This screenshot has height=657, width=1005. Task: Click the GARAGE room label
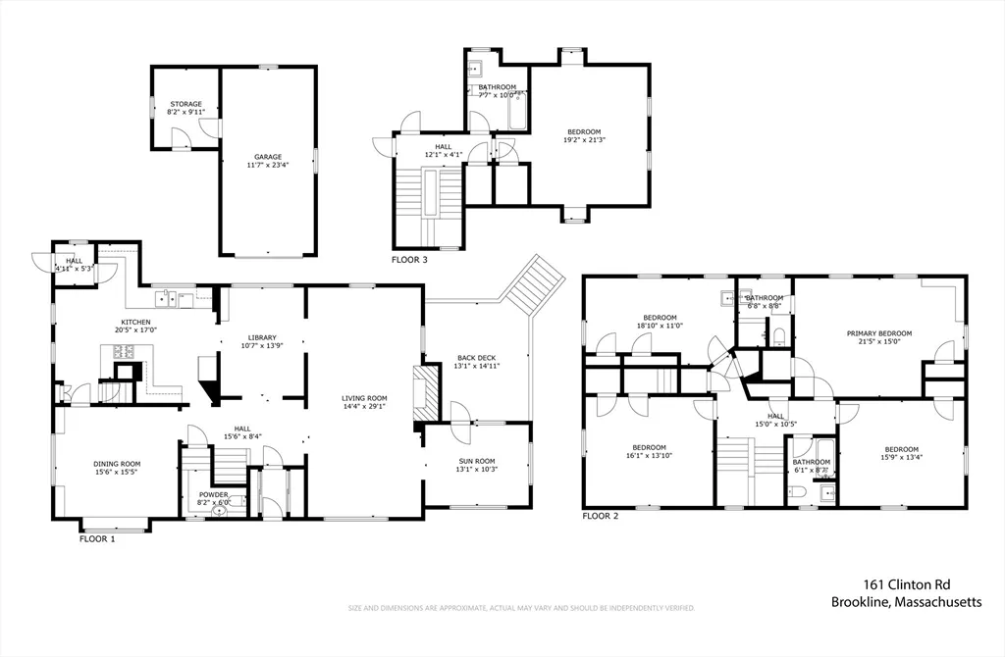point(268,157)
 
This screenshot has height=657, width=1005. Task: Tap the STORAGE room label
point(186,104)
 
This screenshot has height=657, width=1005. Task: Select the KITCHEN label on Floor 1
point(135,323)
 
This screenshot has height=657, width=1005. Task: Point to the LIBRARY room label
point(261,337)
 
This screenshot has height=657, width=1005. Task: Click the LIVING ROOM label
point(364,398)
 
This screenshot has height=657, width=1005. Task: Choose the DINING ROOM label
point(117,464)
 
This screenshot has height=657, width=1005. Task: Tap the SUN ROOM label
point(478,460)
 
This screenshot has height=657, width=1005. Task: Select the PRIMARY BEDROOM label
point(878,333)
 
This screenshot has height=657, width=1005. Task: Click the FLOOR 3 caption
point(409,260)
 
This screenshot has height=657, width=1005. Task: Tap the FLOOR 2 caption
point(601,515)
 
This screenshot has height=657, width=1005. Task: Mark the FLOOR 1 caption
point(97,538)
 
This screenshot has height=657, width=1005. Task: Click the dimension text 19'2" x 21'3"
point(584,139)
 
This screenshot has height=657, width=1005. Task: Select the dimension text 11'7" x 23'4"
point(268,165)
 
